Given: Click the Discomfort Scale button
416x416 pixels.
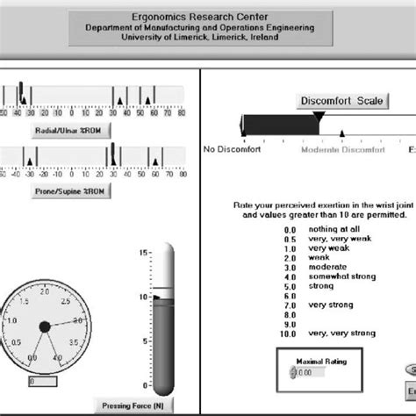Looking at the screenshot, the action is pos(342,101).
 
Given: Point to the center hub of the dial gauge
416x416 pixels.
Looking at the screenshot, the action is pos(45,327).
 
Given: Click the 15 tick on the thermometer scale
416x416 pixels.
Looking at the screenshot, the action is pos(143,253).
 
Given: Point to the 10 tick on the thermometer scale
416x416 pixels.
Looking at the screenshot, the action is pos(143,298).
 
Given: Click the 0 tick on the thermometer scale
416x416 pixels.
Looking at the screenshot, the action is pos(145,387).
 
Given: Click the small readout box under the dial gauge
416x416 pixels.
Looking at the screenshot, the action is pos(42,382).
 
